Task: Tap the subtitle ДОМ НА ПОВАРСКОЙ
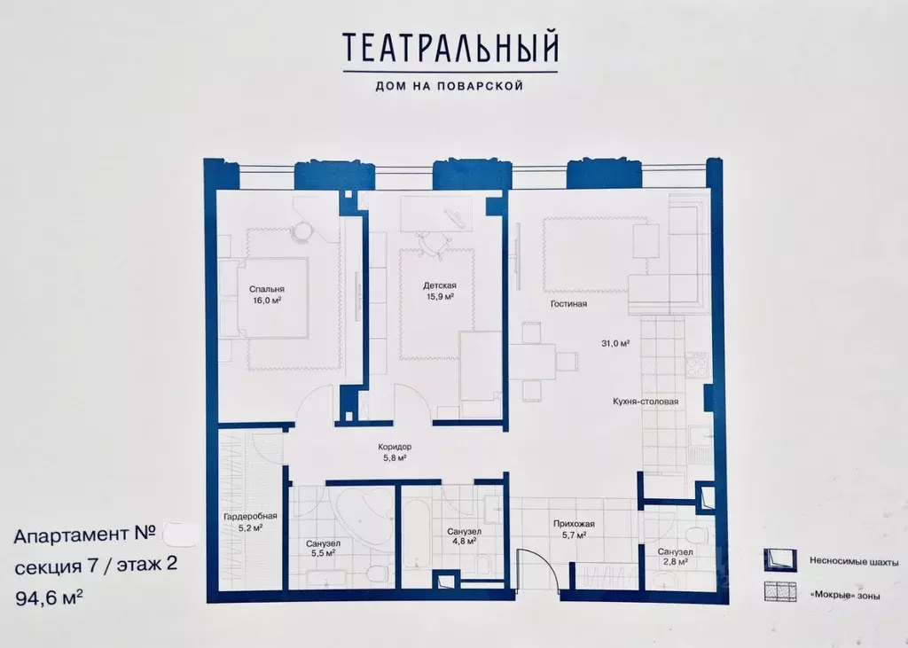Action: [451, 86]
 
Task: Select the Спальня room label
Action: [266, 289]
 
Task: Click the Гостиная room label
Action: [567, 304]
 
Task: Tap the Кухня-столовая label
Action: [645, 401]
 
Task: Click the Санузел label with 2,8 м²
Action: [675, 551]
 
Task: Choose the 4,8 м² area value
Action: [462, 540]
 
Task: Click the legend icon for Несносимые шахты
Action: [776, 560]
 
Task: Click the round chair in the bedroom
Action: [303, 230]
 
